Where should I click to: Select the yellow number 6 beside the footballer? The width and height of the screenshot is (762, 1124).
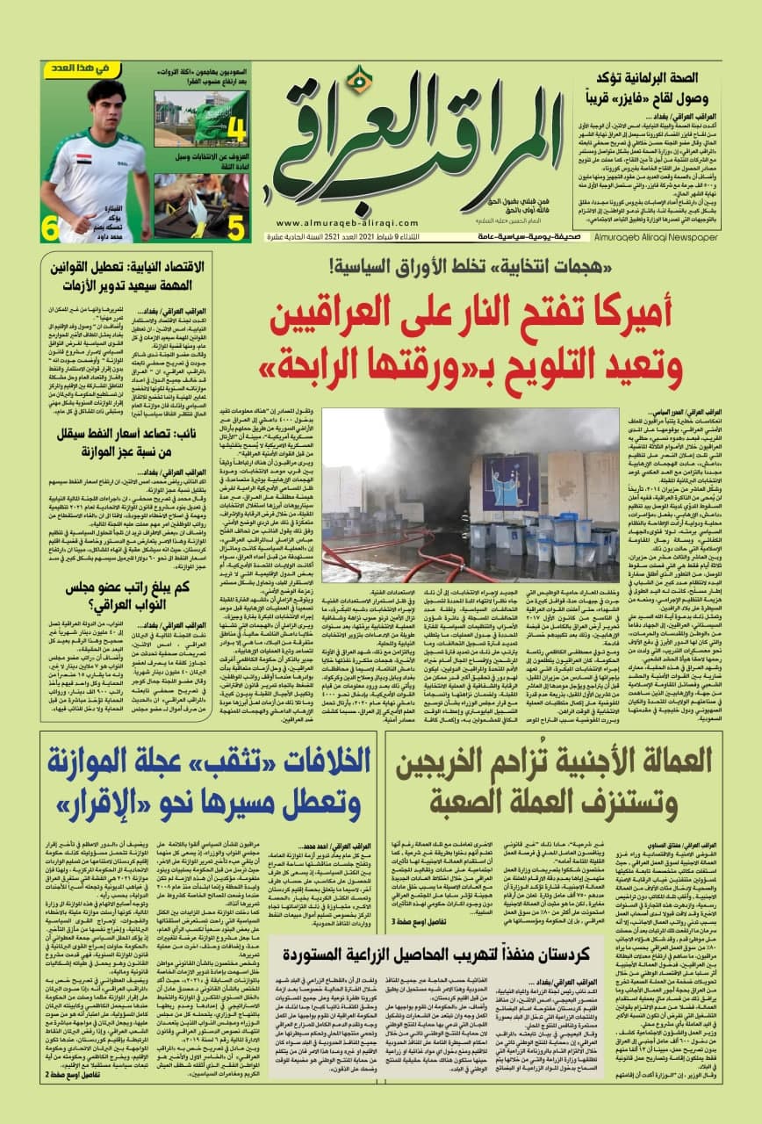(x=51, y=228)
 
